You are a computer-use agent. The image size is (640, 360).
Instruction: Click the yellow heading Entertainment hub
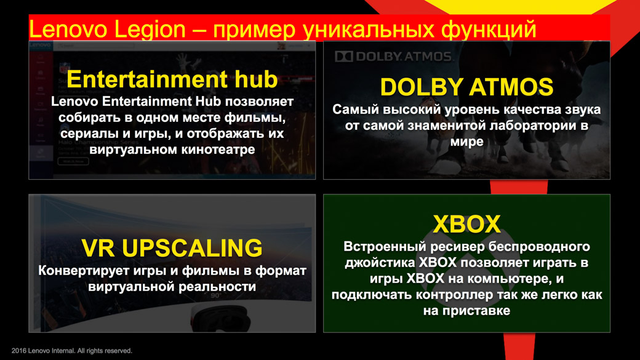tap(172, 79)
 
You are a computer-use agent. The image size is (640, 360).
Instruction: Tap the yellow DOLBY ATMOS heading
tap(466, 87)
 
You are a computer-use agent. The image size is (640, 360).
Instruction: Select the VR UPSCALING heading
tap(172, 248)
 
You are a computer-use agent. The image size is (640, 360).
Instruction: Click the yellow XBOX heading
tap(466, 223)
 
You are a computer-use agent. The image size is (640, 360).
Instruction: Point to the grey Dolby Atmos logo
tap(393, 57)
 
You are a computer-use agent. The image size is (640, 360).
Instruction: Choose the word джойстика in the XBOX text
tap(380, 262)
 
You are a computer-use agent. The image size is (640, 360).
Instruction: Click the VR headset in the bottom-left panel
tap(220, 318)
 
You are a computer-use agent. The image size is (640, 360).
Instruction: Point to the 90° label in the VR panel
tap(215, 295)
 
